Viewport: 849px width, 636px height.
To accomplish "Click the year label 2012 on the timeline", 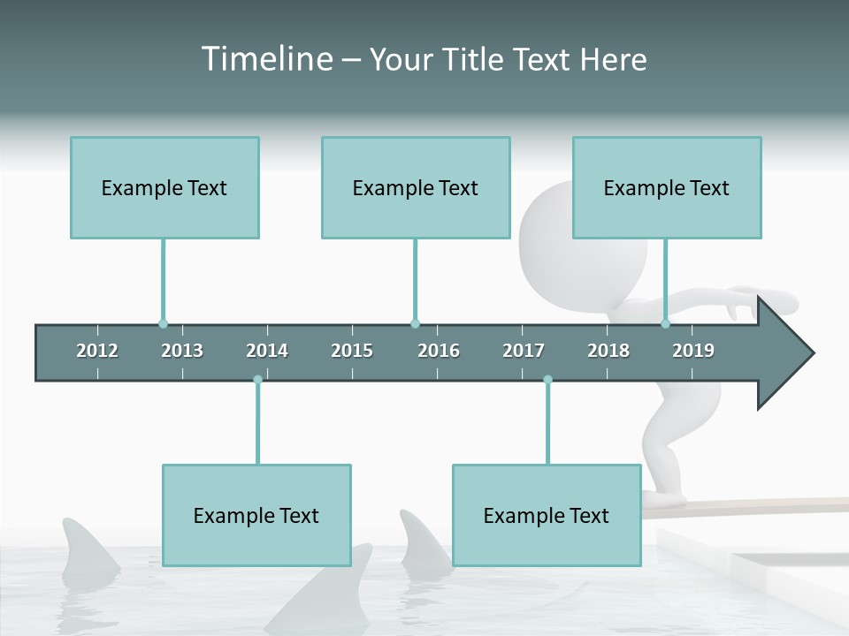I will point(97,351).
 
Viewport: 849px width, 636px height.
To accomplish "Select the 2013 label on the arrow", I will point(182,351).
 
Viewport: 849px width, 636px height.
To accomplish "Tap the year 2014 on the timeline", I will point(267,351).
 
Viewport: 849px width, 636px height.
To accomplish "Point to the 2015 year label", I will point(352,351).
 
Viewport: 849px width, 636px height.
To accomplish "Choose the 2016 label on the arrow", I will point(439,351).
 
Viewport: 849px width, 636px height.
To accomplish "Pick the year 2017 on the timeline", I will point(524,351).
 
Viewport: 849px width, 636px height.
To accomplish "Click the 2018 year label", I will point(608,351).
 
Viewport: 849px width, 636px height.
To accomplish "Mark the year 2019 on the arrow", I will point(693,351).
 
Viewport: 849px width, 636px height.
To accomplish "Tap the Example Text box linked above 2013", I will point(164,187).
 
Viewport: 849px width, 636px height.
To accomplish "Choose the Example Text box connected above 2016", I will point(416,187).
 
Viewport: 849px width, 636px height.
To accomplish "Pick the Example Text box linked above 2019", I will point(667,187).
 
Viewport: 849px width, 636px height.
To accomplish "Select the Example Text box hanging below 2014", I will point(256,515).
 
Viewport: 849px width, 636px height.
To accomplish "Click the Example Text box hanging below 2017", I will point(547,515).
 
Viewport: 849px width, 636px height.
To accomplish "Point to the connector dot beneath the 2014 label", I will point(257,380).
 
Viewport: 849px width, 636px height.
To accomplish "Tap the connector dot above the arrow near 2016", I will point(415,323).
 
